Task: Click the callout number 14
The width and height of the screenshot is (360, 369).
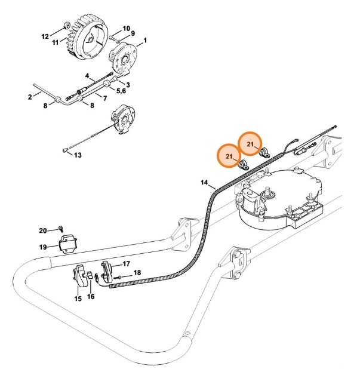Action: tap(204, 182)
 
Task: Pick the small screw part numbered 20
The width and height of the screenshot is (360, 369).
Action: tap(61, 228)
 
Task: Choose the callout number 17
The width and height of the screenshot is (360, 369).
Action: tap(126, 263)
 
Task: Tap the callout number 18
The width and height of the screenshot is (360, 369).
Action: tap(138, 273)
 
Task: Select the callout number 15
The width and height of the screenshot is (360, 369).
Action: tap(78, 299)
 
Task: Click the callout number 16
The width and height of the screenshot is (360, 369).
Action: tap(91, 296)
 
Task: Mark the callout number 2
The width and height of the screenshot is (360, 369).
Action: tap(30, 97)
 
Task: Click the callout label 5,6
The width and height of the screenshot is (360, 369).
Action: tap(121, 91)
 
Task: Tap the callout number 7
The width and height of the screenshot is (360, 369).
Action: tap(104, 98)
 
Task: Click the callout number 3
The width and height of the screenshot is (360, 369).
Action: tap(128, 85)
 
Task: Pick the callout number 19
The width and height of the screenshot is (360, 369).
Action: tap(43, 246)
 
